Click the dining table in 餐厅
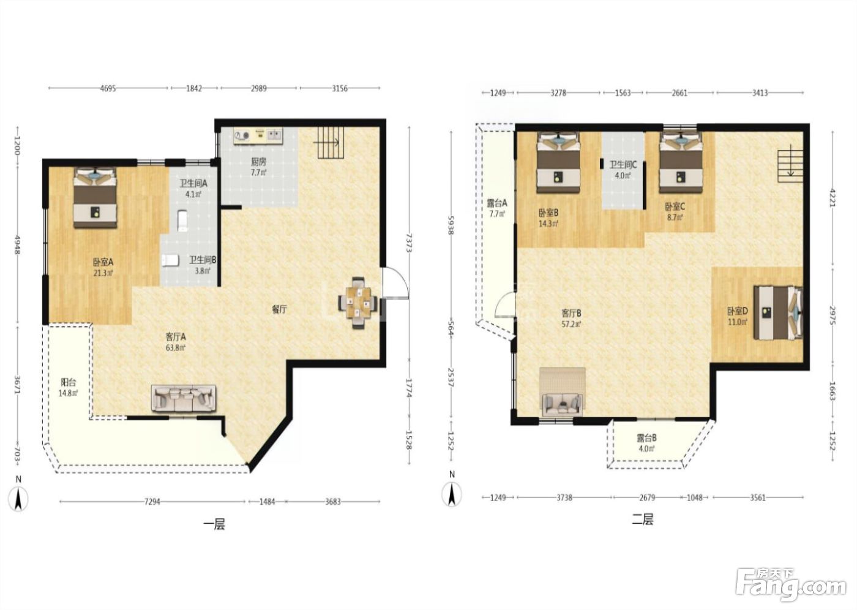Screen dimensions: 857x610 (358, 303)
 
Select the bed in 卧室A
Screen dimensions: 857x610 (95, 197)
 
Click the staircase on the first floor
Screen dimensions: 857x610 (331, 143)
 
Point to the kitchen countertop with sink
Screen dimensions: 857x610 (258, 136)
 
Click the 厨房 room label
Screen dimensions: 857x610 (258, 167)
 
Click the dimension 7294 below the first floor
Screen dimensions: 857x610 (152, 502)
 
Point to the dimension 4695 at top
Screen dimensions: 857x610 (108, 88)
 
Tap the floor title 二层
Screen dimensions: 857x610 (642, 520)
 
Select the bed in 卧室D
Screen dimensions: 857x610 (778, 312)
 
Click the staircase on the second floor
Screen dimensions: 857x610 (790, 166)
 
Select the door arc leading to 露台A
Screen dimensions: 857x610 (504, 304)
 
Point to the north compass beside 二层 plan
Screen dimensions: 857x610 (452, 494)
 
